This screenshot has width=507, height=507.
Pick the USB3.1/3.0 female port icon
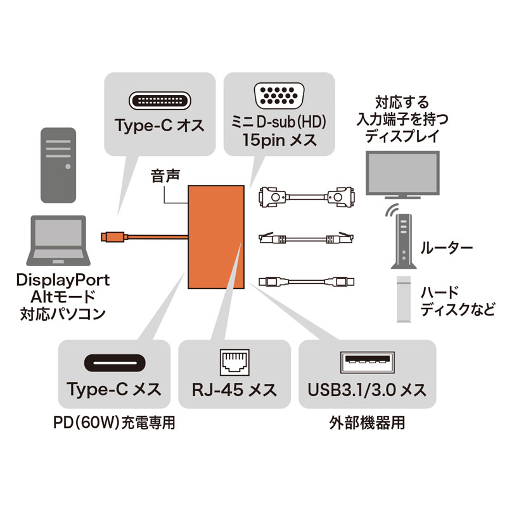tap(367, 363)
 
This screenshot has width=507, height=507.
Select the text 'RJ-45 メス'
tap(233, 388)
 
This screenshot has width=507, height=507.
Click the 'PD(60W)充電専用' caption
tap(115, 423)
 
